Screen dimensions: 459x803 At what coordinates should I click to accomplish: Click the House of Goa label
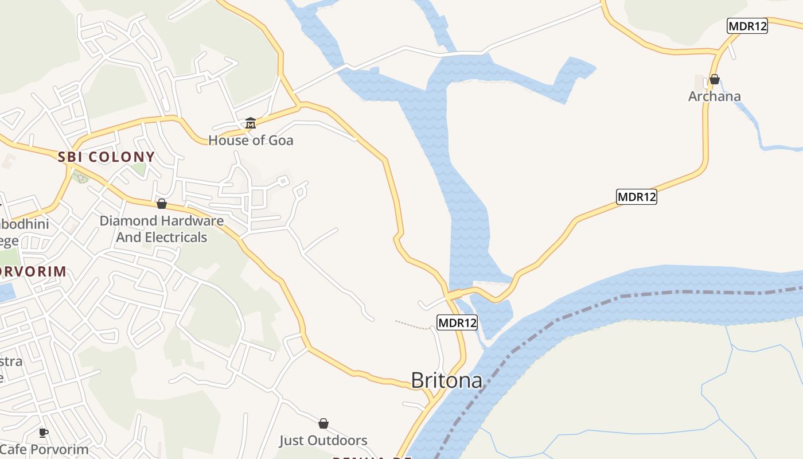coord(251,140)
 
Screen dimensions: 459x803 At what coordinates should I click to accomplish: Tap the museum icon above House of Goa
coord(251,123)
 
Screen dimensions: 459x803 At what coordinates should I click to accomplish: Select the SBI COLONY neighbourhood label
coord(107,157)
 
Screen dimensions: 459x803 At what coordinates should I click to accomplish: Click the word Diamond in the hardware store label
coord(128,221)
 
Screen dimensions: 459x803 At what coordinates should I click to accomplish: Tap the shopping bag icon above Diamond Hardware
coord(162,204)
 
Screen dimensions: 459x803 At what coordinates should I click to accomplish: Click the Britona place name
coord(446,380)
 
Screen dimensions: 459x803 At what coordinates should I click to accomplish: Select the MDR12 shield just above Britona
coord(457,322)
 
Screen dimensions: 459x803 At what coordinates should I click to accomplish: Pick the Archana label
coord(714,96)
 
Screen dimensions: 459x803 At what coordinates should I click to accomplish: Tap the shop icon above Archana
coord(714,79)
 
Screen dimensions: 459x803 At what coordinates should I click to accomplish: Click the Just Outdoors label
coord(323,441)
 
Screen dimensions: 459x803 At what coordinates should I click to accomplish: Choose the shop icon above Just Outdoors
coord(323,423)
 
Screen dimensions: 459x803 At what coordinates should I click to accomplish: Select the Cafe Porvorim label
coord(45,450)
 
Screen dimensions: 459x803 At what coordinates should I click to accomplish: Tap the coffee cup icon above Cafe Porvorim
coord(43,433)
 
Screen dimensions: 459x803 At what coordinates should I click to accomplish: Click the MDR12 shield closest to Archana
coord(747,26)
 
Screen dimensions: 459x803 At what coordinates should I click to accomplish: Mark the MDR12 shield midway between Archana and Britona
coord(636,197)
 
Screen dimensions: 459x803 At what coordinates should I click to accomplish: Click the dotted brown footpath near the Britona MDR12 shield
coord(412,325)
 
